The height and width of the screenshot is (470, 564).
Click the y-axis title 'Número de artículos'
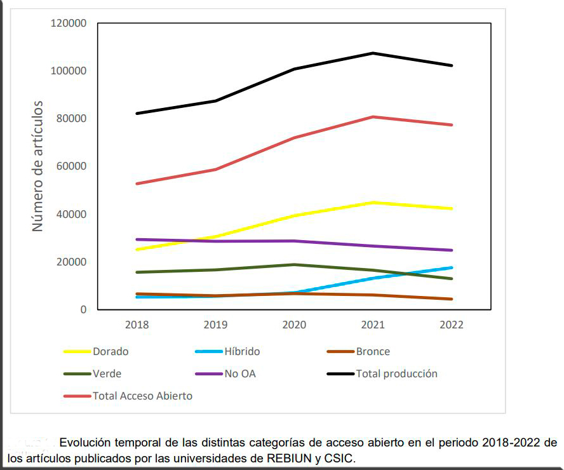[38, 166]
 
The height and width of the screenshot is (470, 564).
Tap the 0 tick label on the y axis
[83, 309]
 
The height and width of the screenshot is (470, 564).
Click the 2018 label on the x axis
[137, 325]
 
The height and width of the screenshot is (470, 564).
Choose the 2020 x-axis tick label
[294, 325]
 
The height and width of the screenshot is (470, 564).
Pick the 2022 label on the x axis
[452, 325]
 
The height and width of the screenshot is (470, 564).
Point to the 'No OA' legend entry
[239, 373]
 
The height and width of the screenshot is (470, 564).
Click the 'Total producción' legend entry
[396, 373]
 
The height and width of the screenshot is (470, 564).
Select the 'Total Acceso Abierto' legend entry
[142, 396]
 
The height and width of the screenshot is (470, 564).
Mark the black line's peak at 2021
[373, 53]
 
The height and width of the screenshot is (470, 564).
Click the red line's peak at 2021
[373, 117]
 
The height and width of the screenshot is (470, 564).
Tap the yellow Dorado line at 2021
[373, 203]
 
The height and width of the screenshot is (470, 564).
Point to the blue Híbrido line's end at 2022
[452, 267]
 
